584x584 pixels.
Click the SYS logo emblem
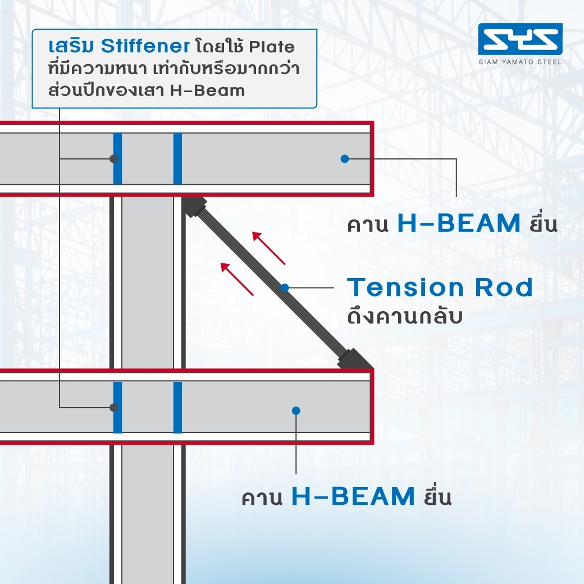[x=520, y=39]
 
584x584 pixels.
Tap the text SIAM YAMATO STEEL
[x=521, y=62]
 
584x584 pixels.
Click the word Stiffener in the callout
[x=145, y=46]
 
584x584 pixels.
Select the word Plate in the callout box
[x=272, y=47]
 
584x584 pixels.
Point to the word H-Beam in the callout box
[x=207, y=91]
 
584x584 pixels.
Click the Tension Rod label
[x=440, y=288]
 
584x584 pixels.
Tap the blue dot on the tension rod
[x=285, y=288]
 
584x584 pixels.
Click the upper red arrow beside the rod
[x=268, y=248]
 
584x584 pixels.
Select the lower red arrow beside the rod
[x=237, y=279]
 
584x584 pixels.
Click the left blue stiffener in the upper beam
[x=118, y=159]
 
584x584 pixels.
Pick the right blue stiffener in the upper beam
[x=177, y=159]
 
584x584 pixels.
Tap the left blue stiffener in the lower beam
[x=118, y=408]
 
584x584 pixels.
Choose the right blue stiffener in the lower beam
[x=177, y=408]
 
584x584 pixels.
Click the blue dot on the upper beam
[x=345, y=159]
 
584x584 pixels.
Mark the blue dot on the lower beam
[x=296, y=411]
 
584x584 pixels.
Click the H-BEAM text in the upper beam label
[x=459, y=223]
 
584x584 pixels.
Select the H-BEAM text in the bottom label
[x=353, y=496]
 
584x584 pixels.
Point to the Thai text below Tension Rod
[x=405, y=317]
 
